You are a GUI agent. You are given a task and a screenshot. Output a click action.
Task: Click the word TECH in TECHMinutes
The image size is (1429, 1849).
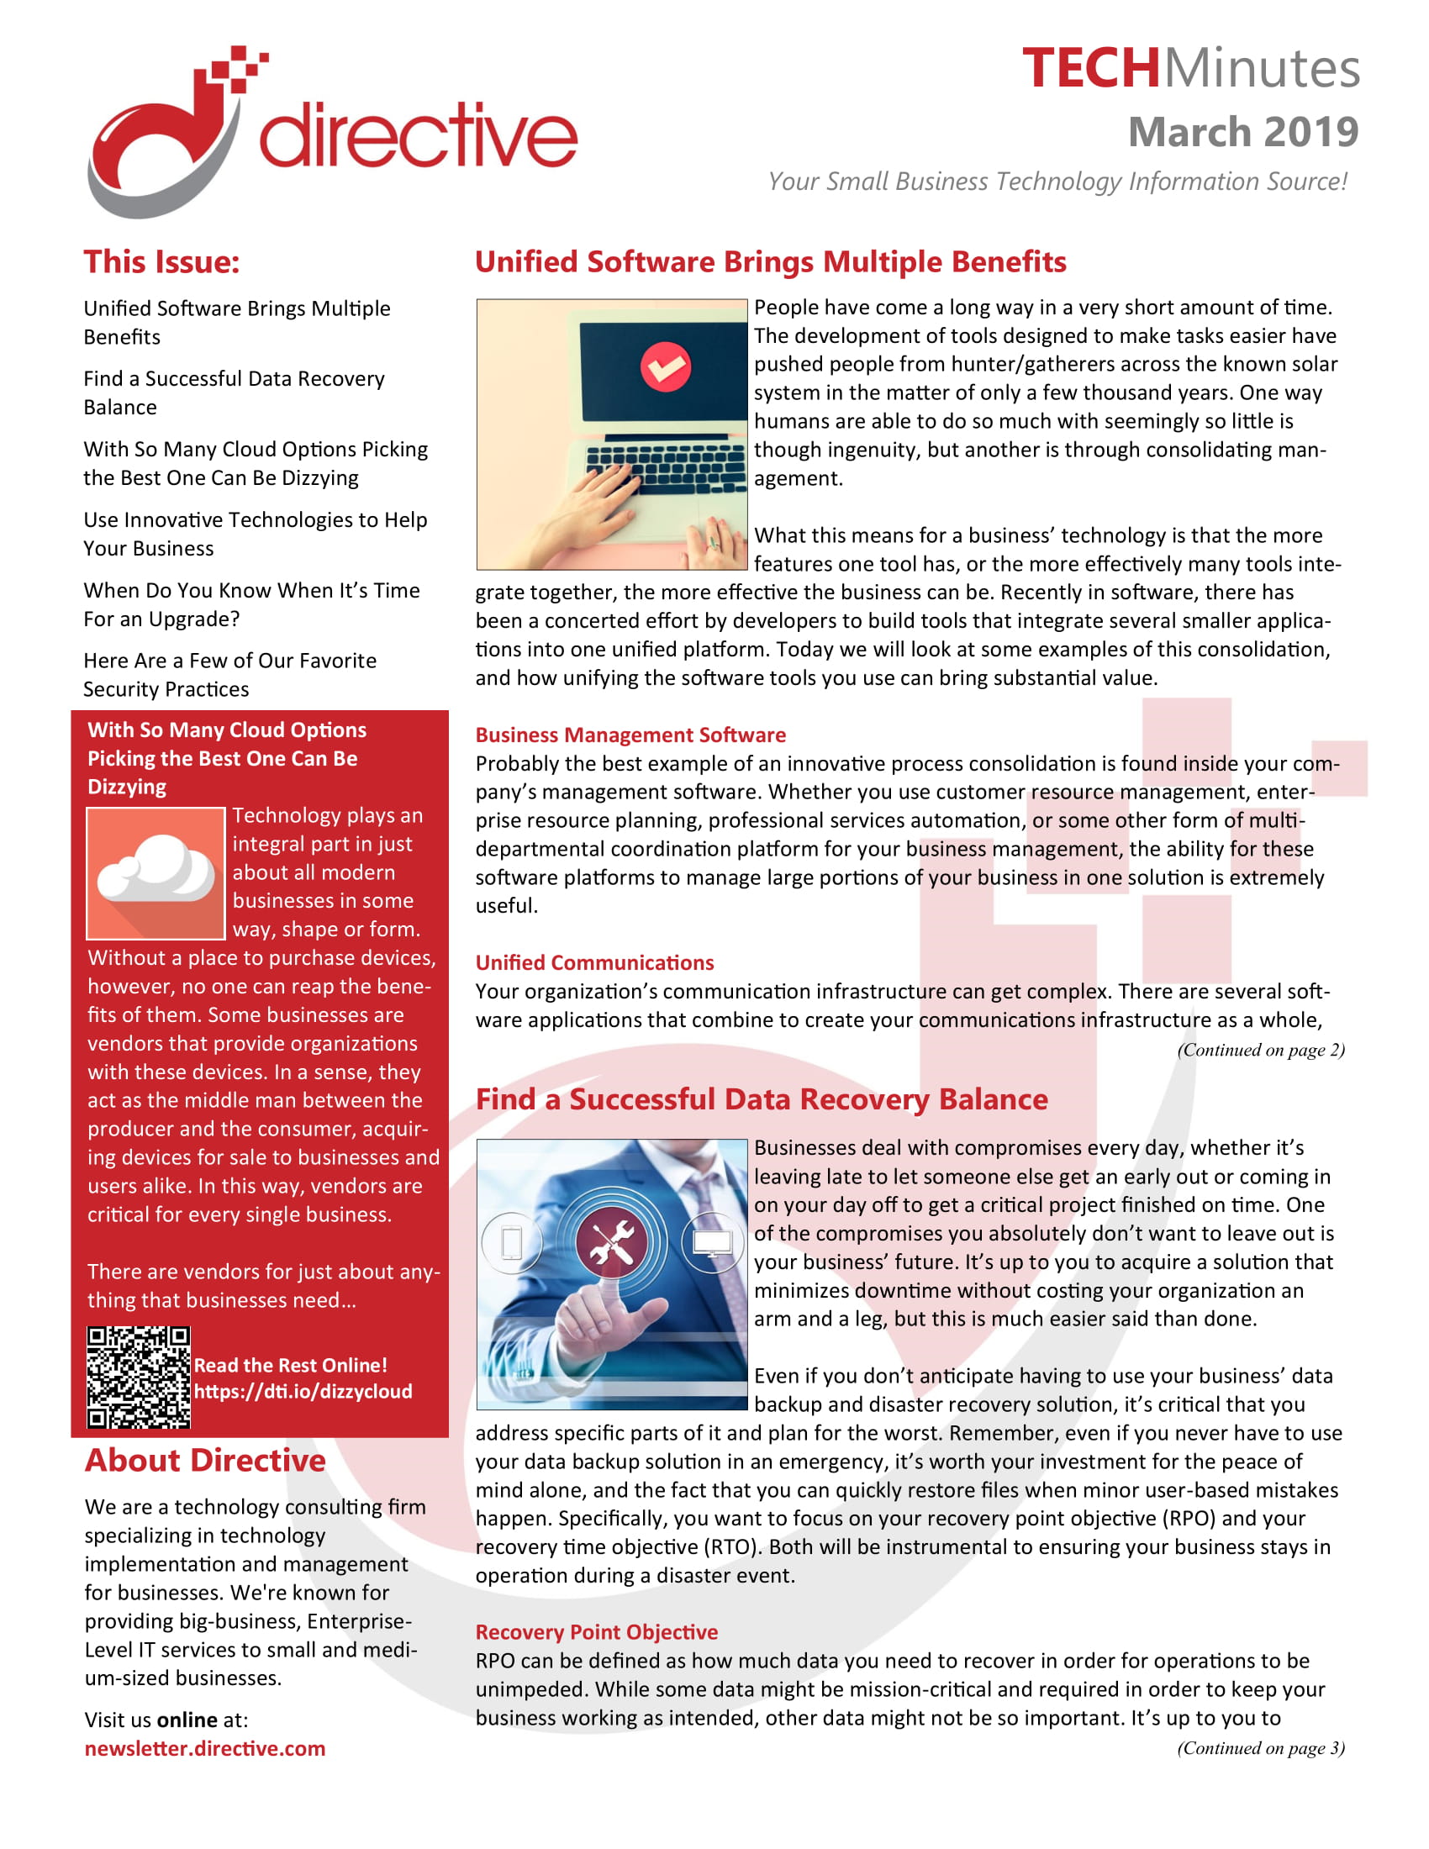[1089, 69]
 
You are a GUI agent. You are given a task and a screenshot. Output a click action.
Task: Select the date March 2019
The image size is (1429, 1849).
[1242, 132]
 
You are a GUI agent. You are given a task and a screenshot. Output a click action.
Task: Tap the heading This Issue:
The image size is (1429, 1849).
[161, 261]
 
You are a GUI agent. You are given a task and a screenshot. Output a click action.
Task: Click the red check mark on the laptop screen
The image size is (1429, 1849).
[666, 366]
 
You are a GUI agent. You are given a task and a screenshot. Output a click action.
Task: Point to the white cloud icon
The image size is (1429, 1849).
[156, 869]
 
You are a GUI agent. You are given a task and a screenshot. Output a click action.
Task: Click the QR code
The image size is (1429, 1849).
[139, 1378]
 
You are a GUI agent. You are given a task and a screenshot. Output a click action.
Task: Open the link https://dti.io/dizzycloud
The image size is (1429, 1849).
[303, 1391]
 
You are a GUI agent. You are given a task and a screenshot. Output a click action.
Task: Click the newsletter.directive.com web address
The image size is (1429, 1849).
[205, 1748]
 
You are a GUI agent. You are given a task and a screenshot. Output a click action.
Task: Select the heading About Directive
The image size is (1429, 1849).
[205, 1461]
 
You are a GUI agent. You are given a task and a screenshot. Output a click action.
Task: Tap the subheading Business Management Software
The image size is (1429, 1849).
[630, 735]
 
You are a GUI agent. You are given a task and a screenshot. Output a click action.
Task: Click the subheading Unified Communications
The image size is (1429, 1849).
[594, 962]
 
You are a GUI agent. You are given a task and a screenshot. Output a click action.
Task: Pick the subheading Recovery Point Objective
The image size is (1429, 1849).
[596, 1632]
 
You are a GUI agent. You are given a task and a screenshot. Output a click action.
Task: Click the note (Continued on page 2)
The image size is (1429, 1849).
[1260, 1050]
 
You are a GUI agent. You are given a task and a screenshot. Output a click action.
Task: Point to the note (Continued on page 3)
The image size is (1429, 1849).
[1260, 1748]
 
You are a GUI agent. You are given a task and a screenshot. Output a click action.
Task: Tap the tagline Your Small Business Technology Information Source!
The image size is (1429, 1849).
[1057, 182]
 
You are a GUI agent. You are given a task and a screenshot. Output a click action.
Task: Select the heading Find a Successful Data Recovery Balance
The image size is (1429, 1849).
[761, 1099]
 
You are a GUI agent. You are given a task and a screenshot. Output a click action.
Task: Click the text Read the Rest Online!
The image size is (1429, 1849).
[290, 1365]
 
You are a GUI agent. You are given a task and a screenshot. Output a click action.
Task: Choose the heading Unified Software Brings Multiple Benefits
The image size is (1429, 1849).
[770, 261]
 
